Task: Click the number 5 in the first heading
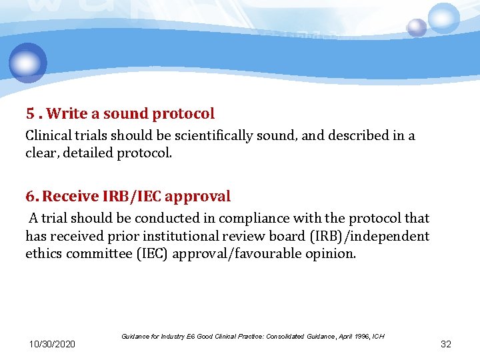[x=29, y=114]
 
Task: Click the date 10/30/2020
[x=52, y=344]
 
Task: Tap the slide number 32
[x=446, y=344]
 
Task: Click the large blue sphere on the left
[x=28, y=63]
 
